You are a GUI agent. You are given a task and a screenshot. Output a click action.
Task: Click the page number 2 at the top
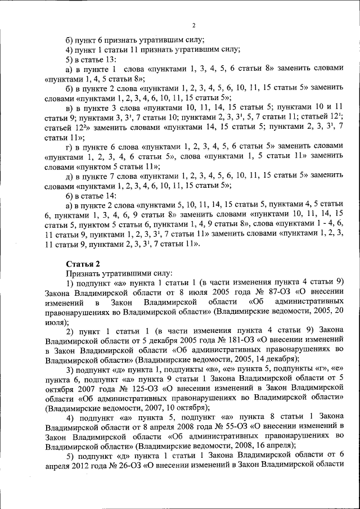click(x=193, y=25)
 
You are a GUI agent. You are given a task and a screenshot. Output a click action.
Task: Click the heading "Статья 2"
click(x=83, y=263)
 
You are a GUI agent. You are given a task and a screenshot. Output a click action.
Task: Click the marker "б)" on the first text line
click(x=70, y=39)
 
